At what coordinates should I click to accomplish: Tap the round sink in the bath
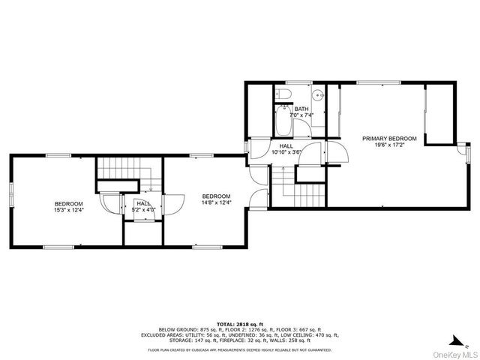318,95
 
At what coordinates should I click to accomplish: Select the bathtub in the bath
283,121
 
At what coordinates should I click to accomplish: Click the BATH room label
301,109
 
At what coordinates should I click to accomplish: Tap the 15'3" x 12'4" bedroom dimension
68,211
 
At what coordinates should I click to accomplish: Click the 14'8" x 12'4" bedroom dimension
194,202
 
